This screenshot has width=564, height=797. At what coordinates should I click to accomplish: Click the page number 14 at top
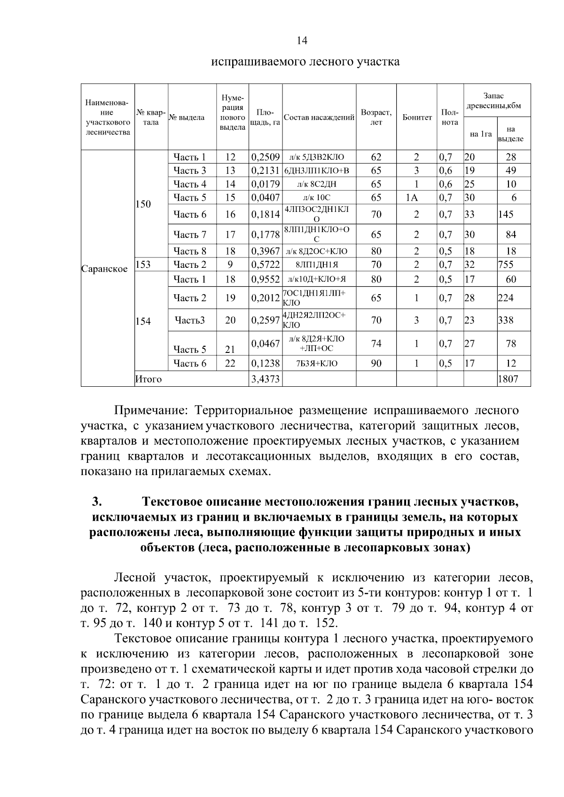[302, 41]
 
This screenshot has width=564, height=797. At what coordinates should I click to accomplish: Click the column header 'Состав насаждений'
[319, 117]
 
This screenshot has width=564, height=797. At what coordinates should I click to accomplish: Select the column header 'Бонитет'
[417, 117]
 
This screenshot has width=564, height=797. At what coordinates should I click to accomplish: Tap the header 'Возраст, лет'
[376, 117]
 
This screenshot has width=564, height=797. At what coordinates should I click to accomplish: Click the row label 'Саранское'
[104, 269]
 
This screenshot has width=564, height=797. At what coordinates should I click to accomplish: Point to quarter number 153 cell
[143, 264]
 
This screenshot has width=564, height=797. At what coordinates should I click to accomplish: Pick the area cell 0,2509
[266, 157]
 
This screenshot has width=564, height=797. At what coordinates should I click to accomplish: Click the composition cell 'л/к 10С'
[319, 198]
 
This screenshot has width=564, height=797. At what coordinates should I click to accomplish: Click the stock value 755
[506, 264]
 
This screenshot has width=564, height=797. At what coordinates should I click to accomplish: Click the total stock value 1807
[508, 379]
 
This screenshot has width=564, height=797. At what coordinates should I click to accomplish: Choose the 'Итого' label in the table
[148, 379]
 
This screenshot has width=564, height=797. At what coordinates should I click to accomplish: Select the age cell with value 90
[376, 363]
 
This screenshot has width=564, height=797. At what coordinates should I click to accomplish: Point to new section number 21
[230, 349]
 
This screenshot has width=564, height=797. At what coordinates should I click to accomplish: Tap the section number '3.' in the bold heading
[97, 501]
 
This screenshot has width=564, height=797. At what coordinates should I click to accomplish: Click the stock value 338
[506, 320]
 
